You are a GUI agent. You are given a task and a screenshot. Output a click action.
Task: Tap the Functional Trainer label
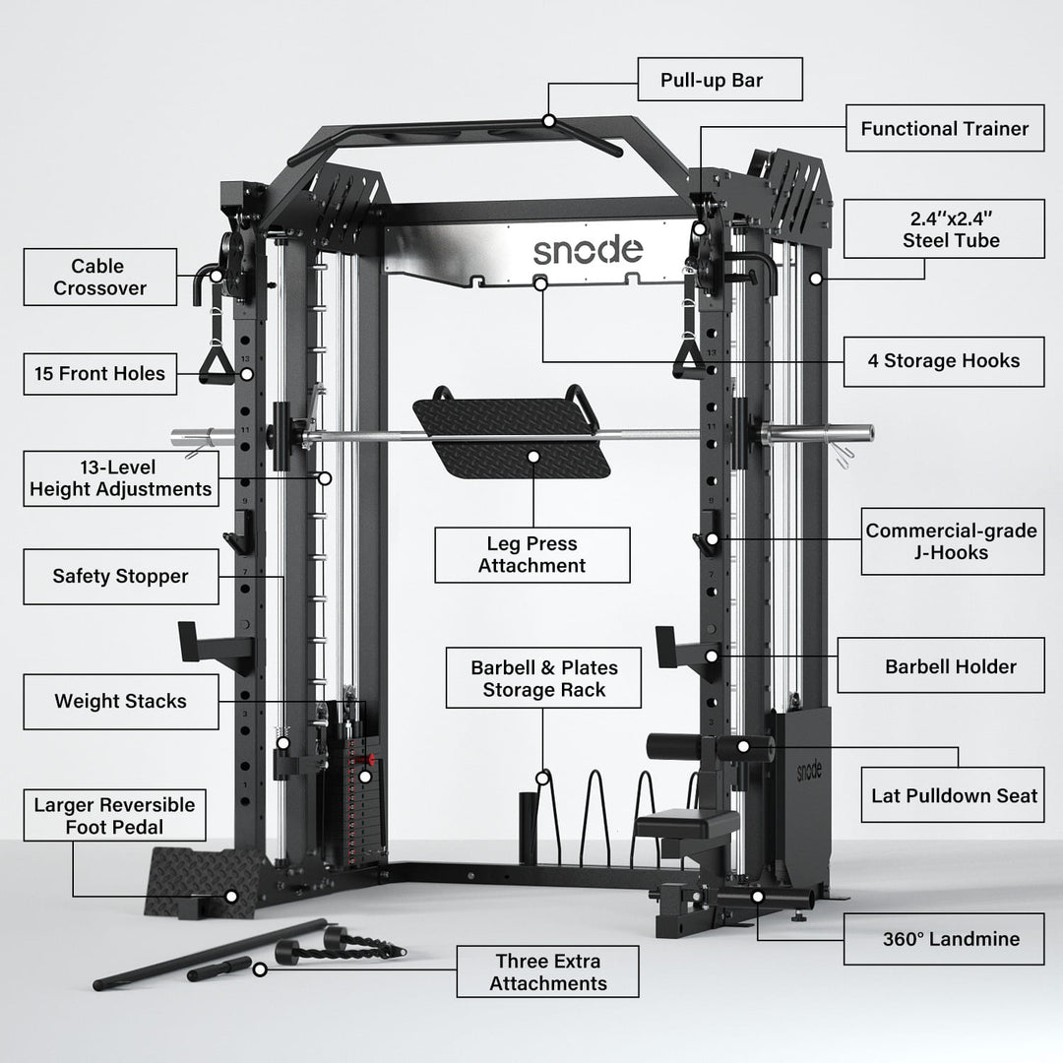pos(944,129)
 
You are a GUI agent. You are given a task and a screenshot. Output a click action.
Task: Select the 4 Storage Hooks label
pos(944,360)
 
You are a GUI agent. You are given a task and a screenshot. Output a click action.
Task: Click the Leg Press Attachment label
pos(531,554)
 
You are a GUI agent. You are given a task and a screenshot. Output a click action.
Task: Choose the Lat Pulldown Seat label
pos(954,794)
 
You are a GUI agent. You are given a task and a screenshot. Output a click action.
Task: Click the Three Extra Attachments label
pos(547,971)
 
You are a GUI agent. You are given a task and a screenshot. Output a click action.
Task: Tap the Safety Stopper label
pos(120,576)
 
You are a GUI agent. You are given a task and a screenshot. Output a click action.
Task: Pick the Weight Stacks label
pos(120,702)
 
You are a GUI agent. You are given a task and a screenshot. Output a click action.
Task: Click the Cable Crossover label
pos(100,277)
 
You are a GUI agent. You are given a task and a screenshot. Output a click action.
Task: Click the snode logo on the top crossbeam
pos(588,250)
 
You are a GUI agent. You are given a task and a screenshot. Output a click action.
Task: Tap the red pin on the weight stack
pos(371,761)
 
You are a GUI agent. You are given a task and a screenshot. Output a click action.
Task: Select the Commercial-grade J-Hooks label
pos(951,541)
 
